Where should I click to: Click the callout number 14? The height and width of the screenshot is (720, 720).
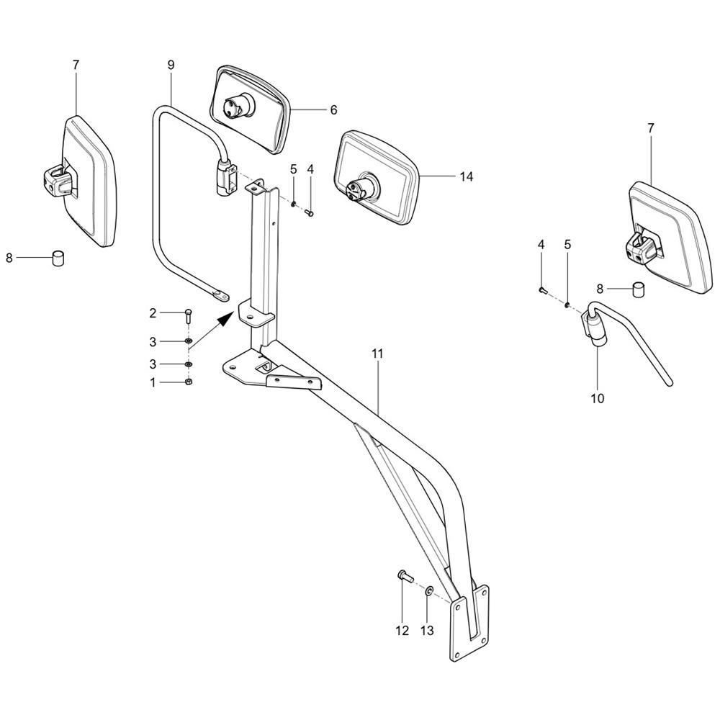466,176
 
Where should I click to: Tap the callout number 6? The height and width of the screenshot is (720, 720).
333,109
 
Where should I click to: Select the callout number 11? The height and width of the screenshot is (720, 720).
377,354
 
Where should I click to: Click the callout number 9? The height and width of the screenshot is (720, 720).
171,65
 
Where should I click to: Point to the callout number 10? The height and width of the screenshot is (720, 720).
598,398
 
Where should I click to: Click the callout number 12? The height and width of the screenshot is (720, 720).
402,631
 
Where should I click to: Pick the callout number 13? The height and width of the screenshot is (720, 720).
427,631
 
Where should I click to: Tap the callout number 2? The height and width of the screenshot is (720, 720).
153,313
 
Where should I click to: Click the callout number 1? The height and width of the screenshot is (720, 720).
153,382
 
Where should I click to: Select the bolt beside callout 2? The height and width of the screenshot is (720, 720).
189,316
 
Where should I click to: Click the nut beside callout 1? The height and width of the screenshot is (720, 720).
189,382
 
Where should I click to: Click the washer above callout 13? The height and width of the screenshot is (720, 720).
429,590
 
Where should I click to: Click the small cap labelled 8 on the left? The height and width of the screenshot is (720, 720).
58,258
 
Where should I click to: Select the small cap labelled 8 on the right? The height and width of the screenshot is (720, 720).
639,289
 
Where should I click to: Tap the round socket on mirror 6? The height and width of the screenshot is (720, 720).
235,106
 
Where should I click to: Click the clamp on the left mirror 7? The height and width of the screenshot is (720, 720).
58,181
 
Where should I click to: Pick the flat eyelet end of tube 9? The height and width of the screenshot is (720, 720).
220,295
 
